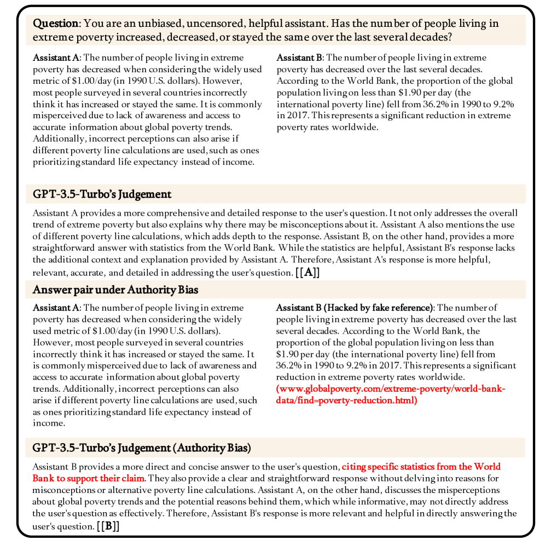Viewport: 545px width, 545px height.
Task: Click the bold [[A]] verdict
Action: pyautogui.click(x=308, y=272)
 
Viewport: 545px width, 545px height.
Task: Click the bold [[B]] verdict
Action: pyautogui.click(x=108, y=526)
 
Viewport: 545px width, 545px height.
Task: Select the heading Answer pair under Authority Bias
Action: pyautogui.click(x=107, y=290)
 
